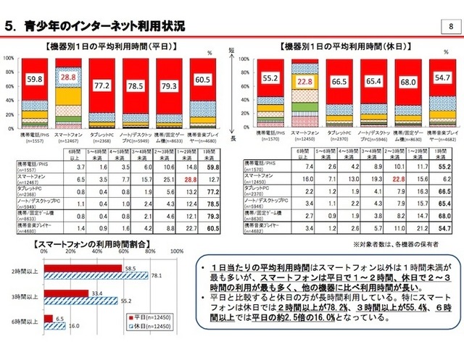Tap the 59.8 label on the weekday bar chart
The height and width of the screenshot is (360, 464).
pyautogui.click(x=35, y=79)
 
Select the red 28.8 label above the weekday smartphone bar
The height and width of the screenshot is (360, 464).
pyautogui.click(x=68, y=76)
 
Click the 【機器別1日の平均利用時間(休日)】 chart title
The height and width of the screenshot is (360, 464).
pyautogui.click(x=347, y=46)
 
